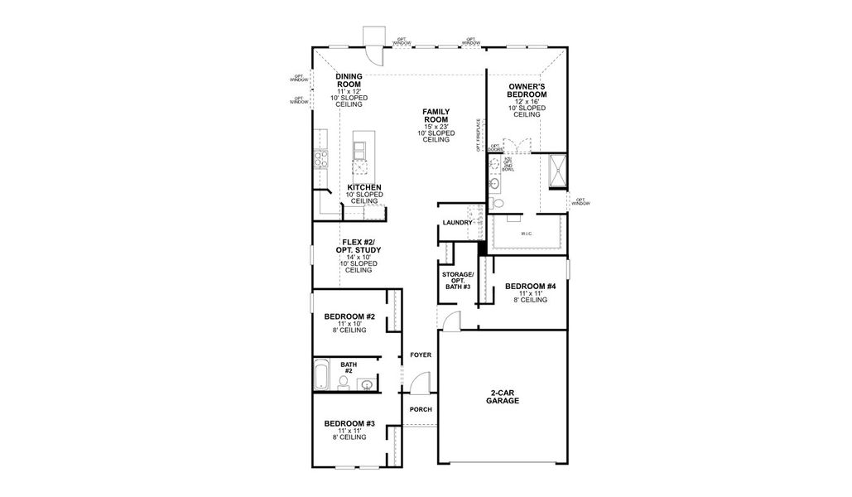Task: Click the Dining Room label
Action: point(349,80)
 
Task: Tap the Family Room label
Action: point(436,115)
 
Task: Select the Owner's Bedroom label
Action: point(527,89)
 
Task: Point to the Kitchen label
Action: point(364,188)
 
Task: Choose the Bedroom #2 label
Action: point(349,317)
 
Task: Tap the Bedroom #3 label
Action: point(349,424)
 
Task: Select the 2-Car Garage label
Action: point(503,396)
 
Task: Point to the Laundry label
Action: point(458,223)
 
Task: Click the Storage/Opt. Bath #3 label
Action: point(457,280)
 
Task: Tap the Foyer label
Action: point(421,355)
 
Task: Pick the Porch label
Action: point(421,410)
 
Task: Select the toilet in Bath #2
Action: point(344,382)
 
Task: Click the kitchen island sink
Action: point(360,151)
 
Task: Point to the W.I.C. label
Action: point(527,234)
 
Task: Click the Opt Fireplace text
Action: point(478,135)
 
